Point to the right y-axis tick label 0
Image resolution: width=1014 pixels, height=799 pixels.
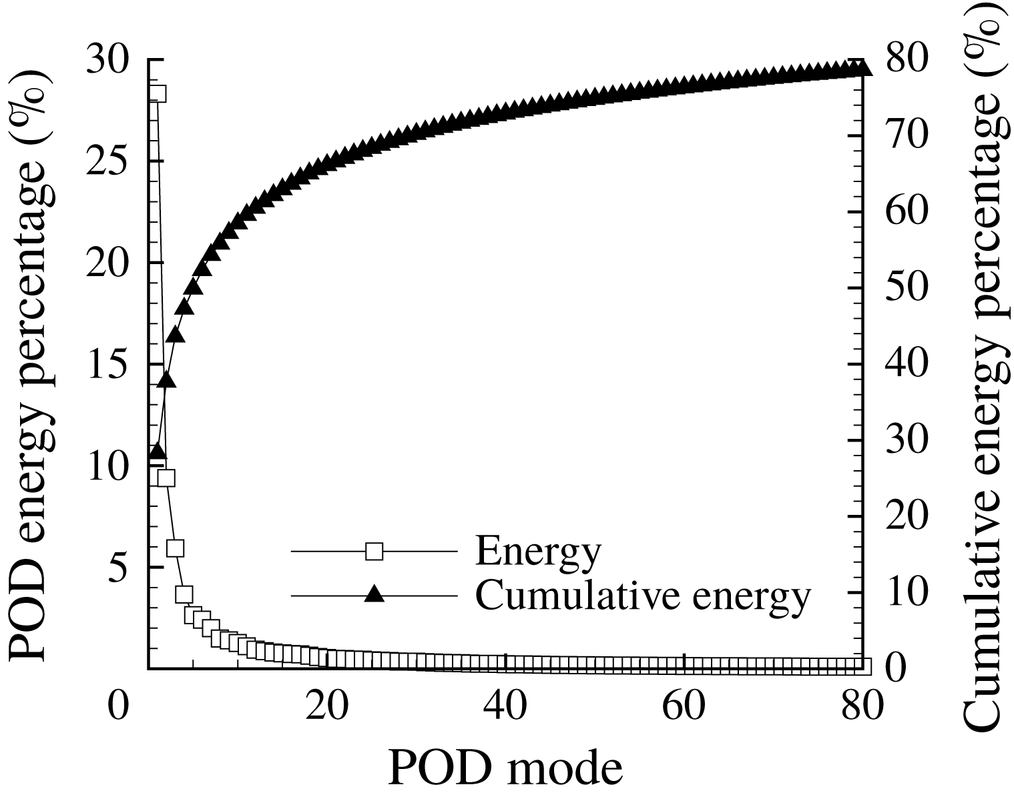pyautogui.click(x=895, y=667)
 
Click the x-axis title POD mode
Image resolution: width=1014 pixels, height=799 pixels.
pyautogui.click(x=505, y=768)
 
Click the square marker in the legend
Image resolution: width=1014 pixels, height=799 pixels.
pyautogui.click(x=374, y=552)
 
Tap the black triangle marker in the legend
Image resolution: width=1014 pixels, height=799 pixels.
pyautogui.click(x=374, y=594)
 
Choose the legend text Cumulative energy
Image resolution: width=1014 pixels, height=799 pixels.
pyautogui.click(x=643, y=594)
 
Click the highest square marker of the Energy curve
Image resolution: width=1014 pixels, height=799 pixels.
pyautogui.click(x=158, y=94)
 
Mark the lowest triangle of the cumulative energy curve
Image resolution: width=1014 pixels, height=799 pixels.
pyautogui.click(x=158, y=452)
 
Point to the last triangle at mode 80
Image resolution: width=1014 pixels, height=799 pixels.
pyautogui.click(x=862, y=69)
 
